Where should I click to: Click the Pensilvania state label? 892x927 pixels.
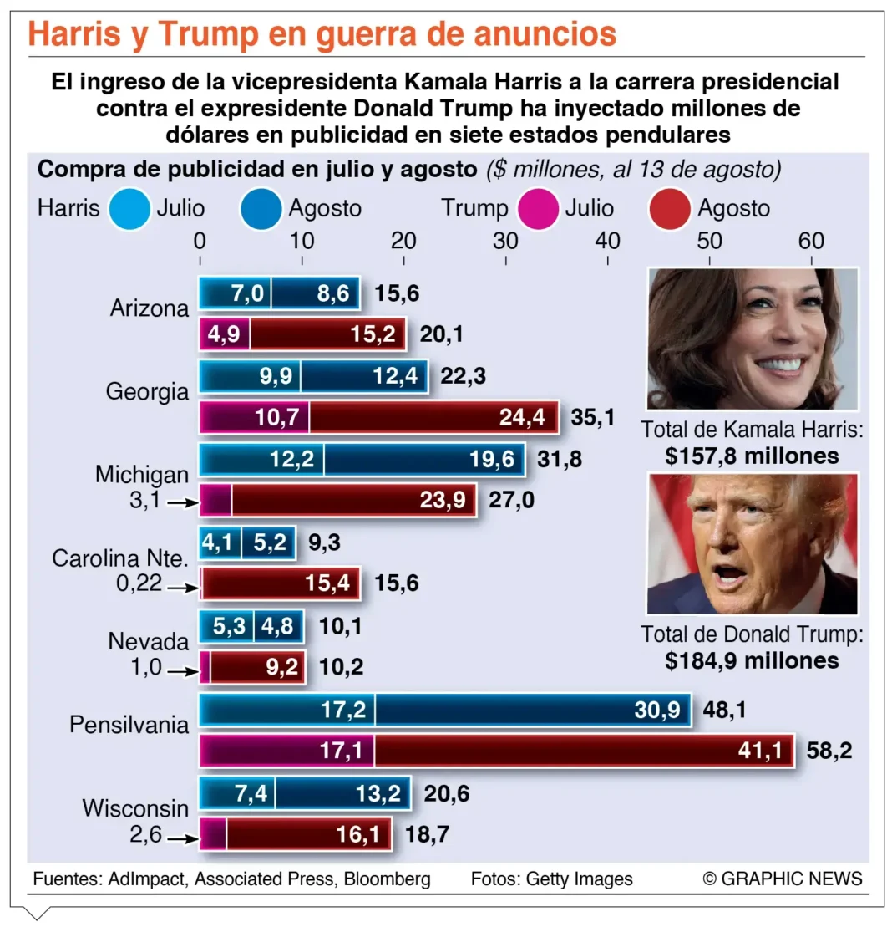click(129, 724)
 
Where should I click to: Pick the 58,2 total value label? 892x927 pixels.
click(829, 751)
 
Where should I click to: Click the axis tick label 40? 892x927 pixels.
click(607, 241)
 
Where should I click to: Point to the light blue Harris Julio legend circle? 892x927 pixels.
click(129, 209)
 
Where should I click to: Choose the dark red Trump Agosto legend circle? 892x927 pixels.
click(669, 209)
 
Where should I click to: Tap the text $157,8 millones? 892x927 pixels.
click(752, 456)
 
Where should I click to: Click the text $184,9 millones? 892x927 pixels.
click(752, 660)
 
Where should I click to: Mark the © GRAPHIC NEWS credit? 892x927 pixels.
click(782, 879)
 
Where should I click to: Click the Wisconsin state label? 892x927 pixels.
click(135, 808)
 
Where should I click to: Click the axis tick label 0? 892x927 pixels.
click(200, 241)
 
